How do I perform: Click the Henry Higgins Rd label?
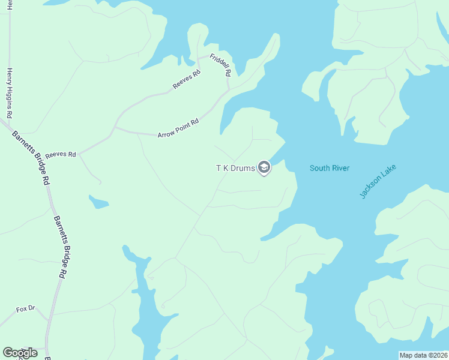coord(10,93)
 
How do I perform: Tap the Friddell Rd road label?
coord(220,65)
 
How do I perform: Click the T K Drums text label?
coord(235,168)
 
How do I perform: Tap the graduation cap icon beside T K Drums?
coord(264,168)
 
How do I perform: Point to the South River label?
coord(329,168)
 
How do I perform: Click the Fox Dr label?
coord(26,309)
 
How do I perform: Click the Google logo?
coord(20,353)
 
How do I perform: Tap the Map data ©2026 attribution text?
coord(423,355)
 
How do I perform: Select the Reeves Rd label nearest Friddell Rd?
coord(186,80)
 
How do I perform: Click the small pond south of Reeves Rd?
coord(98,202)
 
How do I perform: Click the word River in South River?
coord(339,168)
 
